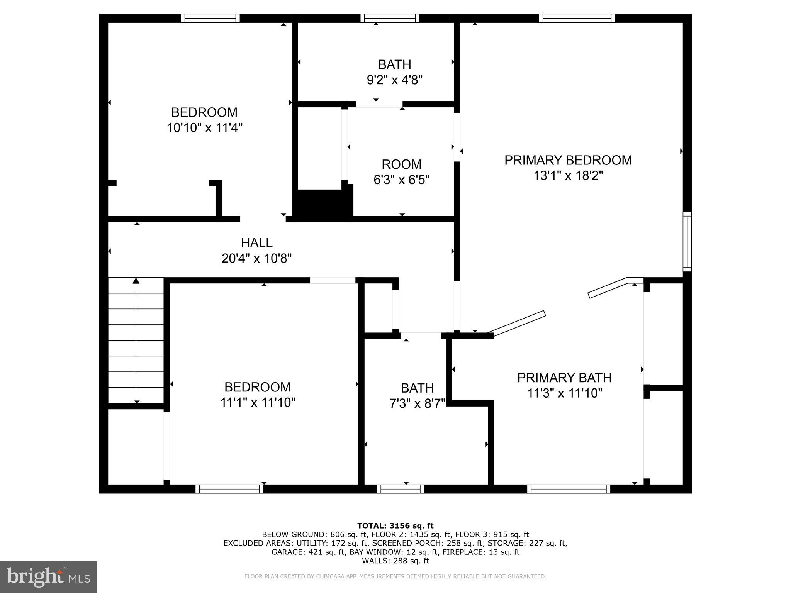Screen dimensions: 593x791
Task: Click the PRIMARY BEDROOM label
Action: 568,160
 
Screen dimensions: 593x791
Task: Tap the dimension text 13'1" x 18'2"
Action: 568,176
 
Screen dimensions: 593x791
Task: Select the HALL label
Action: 256,243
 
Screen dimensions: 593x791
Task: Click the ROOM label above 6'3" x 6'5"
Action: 401,164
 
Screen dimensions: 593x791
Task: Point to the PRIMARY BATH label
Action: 564,378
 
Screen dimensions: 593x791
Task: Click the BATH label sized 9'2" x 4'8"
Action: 394,64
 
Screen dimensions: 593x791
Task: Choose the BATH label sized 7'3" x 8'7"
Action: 417,388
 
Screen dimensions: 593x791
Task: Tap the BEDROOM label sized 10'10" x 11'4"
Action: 204,112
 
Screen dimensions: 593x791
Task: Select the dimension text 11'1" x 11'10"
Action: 258,403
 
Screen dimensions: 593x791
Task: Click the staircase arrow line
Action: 136,340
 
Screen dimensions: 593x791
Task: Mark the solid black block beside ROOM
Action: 323,205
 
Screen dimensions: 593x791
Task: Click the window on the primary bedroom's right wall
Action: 687,241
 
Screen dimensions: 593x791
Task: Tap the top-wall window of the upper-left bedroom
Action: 210,18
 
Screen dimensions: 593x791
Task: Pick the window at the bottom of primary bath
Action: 569,489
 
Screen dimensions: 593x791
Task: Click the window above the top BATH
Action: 390,18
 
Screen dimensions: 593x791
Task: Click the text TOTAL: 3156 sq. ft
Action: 395,526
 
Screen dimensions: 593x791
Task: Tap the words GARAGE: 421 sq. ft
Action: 308,552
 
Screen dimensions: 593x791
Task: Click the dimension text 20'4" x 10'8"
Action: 256,258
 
